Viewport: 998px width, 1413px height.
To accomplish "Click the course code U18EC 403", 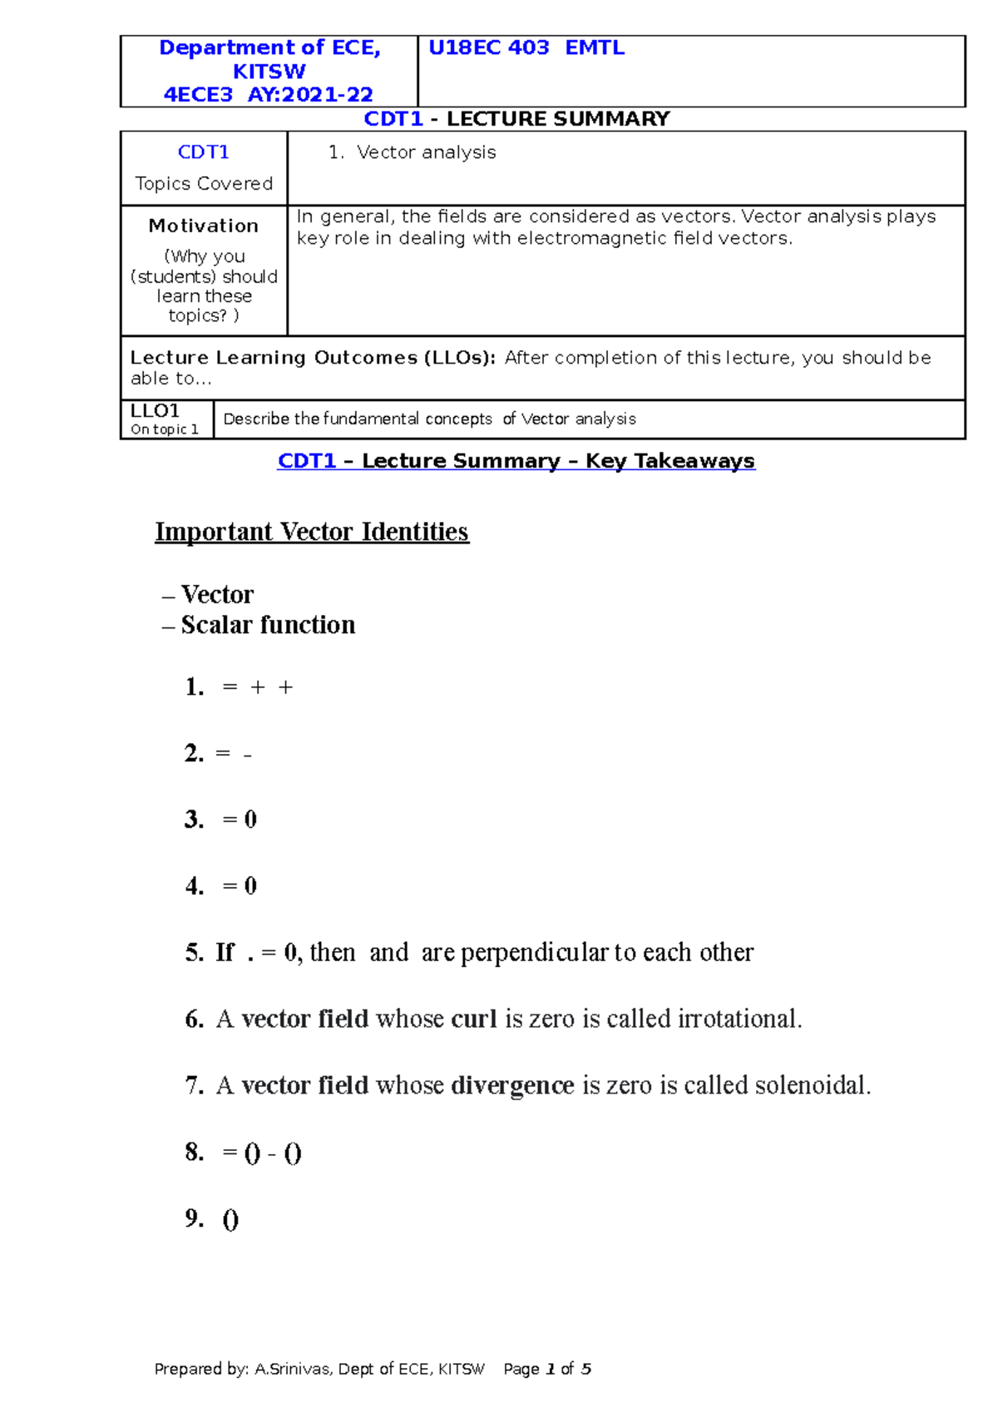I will [488, 48].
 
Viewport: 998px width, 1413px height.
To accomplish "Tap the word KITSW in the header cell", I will [269, 72].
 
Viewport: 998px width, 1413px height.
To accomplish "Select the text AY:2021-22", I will [310, 95].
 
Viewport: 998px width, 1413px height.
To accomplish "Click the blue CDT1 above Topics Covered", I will [203, 152].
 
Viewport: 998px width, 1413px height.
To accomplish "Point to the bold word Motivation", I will [203, 226].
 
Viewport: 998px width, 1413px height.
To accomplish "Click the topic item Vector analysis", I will [426, 152].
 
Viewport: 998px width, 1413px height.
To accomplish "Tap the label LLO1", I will [155, 411].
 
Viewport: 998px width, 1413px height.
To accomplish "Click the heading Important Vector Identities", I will [312, 532].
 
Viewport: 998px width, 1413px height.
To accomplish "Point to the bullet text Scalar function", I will [268, 625].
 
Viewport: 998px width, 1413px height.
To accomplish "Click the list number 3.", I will [194, 820].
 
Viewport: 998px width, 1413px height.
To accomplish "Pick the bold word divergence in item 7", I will [512, 1086].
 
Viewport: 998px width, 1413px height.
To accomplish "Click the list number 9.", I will [194, 1219].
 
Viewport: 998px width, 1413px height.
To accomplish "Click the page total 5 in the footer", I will [586, 1369].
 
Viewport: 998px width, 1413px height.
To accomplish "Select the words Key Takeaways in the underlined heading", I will [669, 461].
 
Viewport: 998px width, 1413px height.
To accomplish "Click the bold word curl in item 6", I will [474, 1019].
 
